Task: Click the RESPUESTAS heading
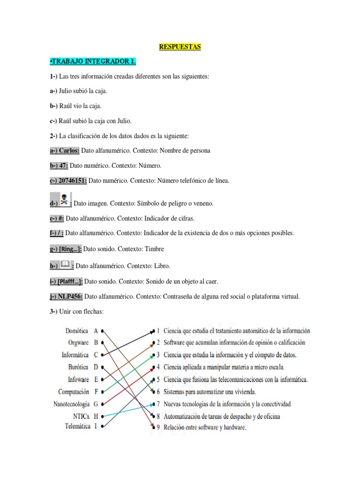(180, 46)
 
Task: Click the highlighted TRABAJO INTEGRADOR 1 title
(93, 61)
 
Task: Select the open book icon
(66, 264)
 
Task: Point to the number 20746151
(72, 180)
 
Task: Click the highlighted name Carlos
(70, 150)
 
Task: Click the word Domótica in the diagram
(77, 331)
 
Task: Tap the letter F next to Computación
(96, 391)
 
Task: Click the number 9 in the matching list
(158, 427)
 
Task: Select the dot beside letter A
(102, 331)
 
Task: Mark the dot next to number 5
(153, 379)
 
